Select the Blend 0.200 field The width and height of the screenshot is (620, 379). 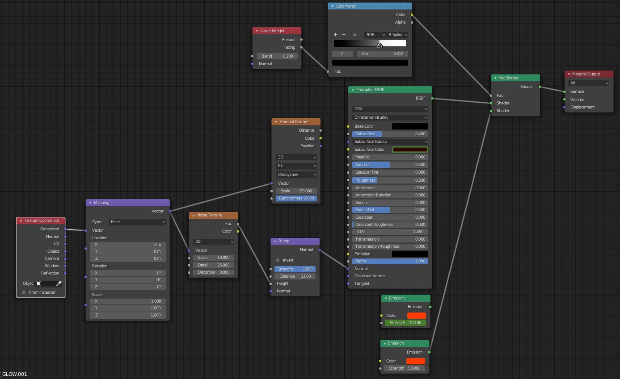pyautogui.click(x=277, y=56)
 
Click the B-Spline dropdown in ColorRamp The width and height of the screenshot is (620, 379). pyautogui.click(x=398, y=34)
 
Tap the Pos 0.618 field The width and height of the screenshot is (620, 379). pyautogui.click(x=382, y=54)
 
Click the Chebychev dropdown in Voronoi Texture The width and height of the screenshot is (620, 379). pyautogui.click(x=296, y=175)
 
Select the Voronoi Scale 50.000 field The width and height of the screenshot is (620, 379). pyautogui.click(x=296, y=191)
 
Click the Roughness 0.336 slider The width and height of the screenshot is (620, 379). pyautogui.click(x=390, y=180)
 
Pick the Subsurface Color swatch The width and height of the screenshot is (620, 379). pyautogui.click(x=410, y=150)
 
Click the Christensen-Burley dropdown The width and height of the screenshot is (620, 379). pyautogui.click(x=390, y=117)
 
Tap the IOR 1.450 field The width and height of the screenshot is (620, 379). pyautogui.click(x=390, y=232)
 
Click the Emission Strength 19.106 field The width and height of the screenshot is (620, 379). pyautogui.click(x=405, y=323)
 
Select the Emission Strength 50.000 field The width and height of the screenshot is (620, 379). pyautogui.click(x=405, y=368)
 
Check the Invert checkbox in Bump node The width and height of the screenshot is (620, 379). pyautogui.click(x=278, y=260)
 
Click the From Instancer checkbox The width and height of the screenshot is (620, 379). pyautogui.click(x=24, y=292)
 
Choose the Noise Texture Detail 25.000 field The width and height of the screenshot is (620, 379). pyautogui.click(x=213, y=265)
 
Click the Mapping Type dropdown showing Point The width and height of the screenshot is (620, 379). pyautogui.click(x=138, y=222)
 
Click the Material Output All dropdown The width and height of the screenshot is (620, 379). pyautogui.click(x=589, y=83)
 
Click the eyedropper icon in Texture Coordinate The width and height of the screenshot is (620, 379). pyautogui.click(x=59, y=283)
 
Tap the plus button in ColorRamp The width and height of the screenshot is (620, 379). pyautogui.click(x=336, y=34)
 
